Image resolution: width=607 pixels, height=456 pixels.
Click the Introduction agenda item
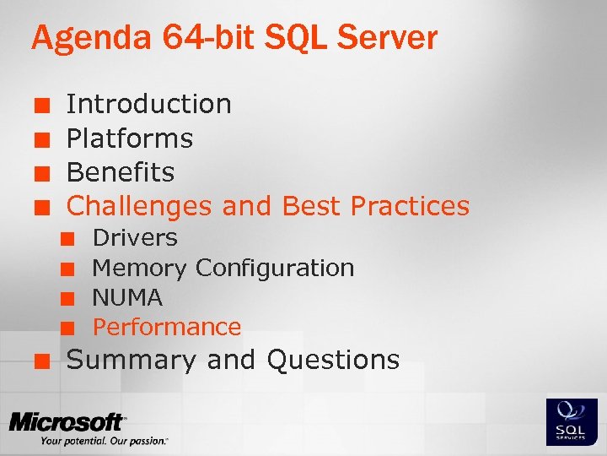[148, 104]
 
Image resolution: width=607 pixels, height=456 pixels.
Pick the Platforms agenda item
[130, 138]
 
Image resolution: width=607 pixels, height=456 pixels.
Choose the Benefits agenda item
[121, 171]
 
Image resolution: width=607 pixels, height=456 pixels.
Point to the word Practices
[410, 205]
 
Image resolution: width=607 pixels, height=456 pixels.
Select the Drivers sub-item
[135, 238]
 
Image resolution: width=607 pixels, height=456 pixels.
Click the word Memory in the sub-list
[139, 268]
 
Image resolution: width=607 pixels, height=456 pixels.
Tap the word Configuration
[275, 268]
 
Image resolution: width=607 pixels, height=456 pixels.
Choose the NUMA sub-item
[127, 297]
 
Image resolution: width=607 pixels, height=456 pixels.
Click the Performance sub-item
[167, 327]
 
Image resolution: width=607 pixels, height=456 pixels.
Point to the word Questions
[333, 360]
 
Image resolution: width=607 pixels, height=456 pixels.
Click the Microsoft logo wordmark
[67, 421]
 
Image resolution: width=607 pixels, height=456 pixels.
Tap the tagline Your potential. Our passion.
[104, 441]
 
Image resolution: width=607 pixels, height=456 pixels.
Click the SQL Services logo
[572, 421]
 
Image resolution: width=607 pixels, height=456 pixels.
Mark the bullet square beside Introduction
[39, 106]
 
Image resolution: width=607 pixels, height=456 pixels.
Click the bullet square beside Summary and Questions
[39, 361]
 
